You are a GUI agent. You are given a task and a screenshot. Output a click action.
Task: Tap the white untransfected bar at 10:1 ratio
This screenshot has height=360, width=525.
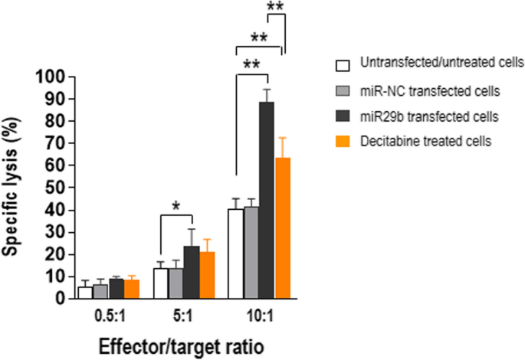coord(235,253)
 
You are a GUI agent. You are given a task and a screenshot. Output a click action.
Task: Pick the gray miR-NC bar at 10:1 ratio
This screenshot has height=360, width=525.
coord(251,252)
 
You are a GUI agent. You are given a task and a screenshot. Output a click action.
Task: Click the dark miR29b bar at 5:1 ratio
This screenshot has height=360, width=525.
coord(192,272)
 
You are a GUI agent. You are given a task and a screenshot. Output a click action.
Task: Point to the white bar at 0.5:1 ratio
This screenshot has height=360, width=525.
coord(84,292)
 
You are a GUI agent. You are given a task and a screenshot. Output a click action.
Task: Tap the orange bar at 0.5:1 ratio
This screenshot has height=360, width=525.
coord(131,289)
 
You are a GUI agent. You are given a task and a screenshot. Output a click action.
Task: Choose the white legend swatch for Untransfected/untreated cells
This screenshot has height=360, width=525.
coord(343,62)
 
